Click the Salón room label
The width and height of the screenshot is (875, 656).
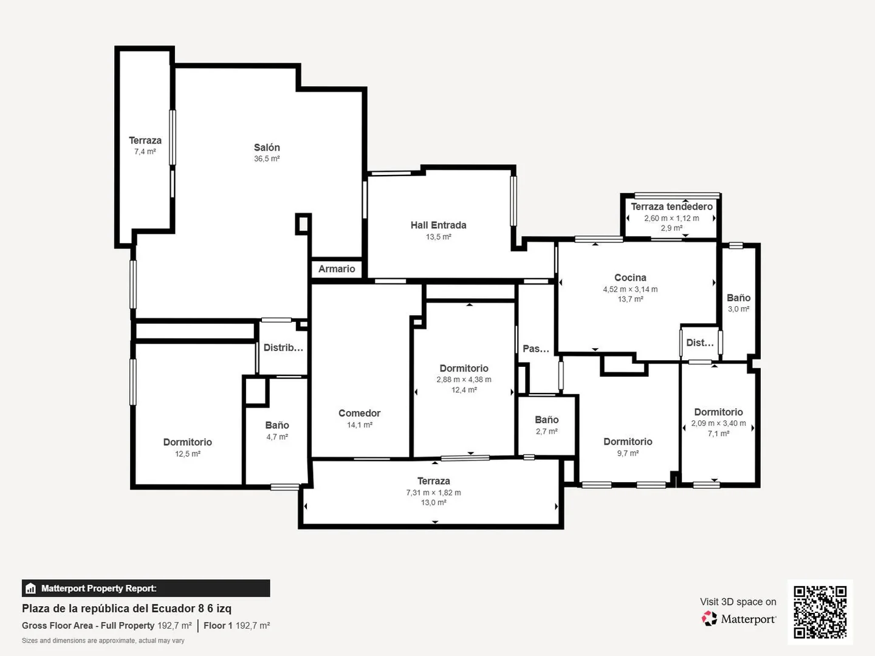(x=267, y=148)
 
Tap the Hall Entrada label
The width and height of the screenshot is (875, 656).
(x=439, y=225)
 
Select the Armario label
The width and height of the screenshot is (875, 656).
(x=337, y=269)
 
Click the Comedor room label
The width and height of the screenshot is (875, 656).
(x=360, y=413)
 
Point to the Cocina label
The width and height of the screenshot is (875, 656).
(x=630, y=278)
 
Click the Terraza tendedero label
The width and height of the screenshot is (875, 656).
(x=671, y=207)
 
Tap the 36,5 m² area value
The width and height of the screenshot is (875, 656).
(x=267, y=159)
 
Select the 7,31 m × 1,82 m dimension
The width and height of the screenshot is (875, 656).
(x=434, y=492)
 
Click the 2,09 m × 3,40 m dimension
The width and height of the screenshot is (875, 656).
(x=718, y=423)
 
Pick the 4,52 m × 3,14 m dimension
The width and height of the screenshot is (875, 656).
(x=630, y=289)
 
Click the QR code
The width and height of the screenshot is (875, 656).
(x=820, y=612)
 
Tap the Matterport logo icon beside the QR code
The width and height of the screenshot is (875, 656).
(x=709, y=618)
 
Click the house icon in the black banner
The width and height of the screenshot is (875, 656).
(x=31, y=589)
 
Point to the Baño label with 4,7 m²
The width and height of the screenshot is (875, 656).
(x=277, y=425)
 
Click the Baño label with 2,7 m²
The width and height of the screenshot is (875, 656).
(x=546, y=420)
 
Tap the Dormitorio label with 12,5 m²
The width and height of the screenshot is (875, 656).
(x=187, y=442)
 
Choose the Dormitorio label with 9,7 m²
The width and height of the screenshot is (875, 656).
(x=628, y=442)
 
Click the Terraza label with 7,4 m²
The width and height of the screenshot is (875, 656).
(x=145, y=140)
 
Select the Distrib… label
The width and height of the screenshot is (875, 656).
(x=283, y=347)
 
